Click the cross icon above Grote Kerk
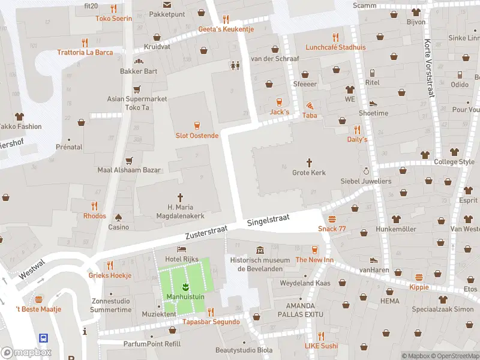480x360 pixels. pyautogui.click(x=310, y=162)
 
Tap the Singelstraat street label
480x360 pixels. pyautogui.click(x=268, y=221)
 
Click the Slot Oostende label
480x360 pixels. pyautogui.click(x=197, y=136)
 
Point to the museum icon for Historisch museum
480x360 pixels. pyautogui.click(x=259, y=250)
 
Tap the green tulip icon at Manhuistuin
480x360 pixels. pyautogui.click(x=185, y=286)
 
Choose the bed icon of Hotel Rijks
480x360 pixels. pyautogui.click(x=181, y=249)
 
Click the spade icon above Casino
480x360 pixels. pyautogui.click(x=118, y=217)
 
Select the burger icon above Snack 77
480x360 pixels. pyautogui.click(x=332, y=218)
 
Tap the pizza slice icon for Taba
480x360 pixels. pyautogui.click(x=310, y=105)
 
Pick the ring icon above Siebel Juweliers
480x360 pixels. pyautogui.click(x=366, y=171)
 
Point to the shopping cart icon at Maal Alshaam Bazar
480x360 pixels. pyautogui.click(x=129, y=160)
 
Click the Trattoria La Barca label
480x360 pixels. pyautogui.click(x=85, y=52)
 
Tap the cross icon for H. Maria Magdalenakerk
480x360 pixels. pyautogui.click(x=180, y=197)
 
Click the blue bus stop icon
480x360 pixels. pyautogui.click(x=44, y=338)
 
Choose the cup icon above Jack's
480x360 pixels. pyautogui.click(x=279, y=102)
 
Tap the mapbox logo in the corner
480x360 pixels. pyautogui.click(x=26, y=352)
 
